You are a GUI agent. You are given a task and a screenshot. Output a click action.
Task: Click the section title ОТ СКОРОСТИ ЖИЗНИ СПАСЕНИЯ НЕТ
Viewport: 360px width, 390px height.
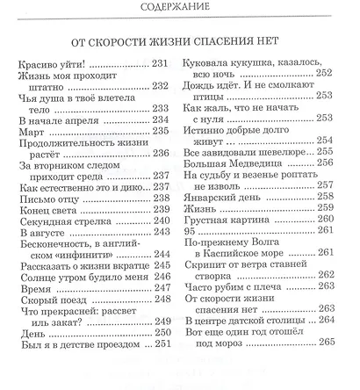[x=181, y=41]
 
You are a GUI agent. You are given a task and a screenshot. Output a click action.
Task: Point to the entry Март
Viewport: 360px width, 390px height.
[x=29, y=132]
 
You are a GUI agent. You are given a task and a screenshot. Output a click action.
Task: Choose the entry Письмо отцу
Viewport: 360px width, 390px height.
[x=47, y=199]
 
